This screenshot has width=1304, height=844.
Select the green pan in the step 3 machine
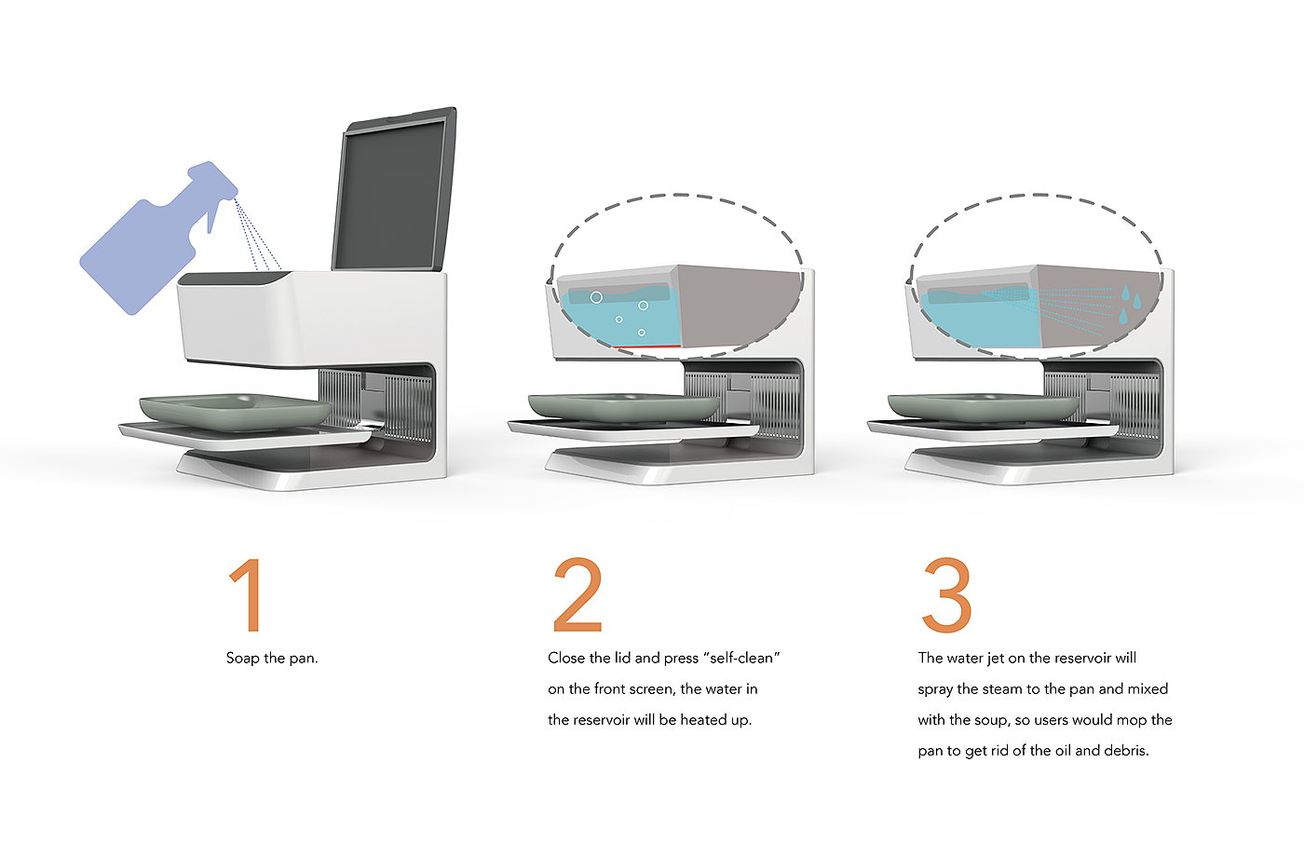click(983, 405)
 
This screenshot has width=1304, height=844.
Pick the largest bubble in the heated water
click(596, 297)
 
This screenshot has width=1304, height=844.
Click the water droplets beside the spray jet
click(1129, 303)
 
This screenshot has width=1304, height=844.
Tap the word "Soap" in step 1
click(242, 659)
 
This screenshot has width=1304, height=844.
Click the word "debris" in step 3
click(1125, 751)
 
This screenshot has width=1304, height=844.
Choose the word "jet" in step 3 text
click(996, 659)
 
